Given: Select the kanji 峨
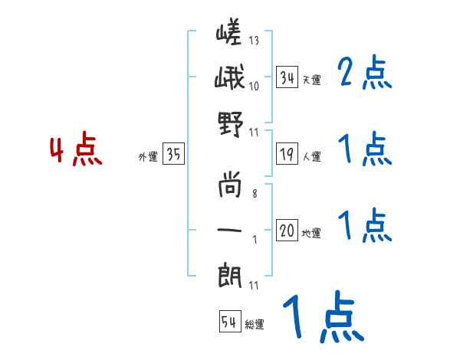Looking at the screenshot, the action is (x=230, y=79).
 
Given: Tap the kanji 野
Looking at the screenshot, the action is (x=230, y=122).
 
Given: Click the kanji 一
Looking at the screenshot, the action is (x=230, y=229).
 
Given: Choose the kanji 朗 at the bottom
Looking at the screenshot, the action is (x=230, y=273).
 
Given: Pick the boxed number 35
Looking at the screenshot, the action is (x=173, y=155).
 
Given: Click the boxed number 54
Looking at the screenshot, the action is (x=229, y=322).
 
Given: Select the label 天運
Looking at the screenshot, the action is (x=311, y=80).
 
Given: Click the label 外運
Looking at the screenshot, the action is (x=148, y=157).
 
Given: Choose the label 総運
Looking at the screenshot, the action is (x=255, y=324).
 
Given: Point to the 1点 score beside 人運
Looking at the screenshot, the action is (x=364, y=151).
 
